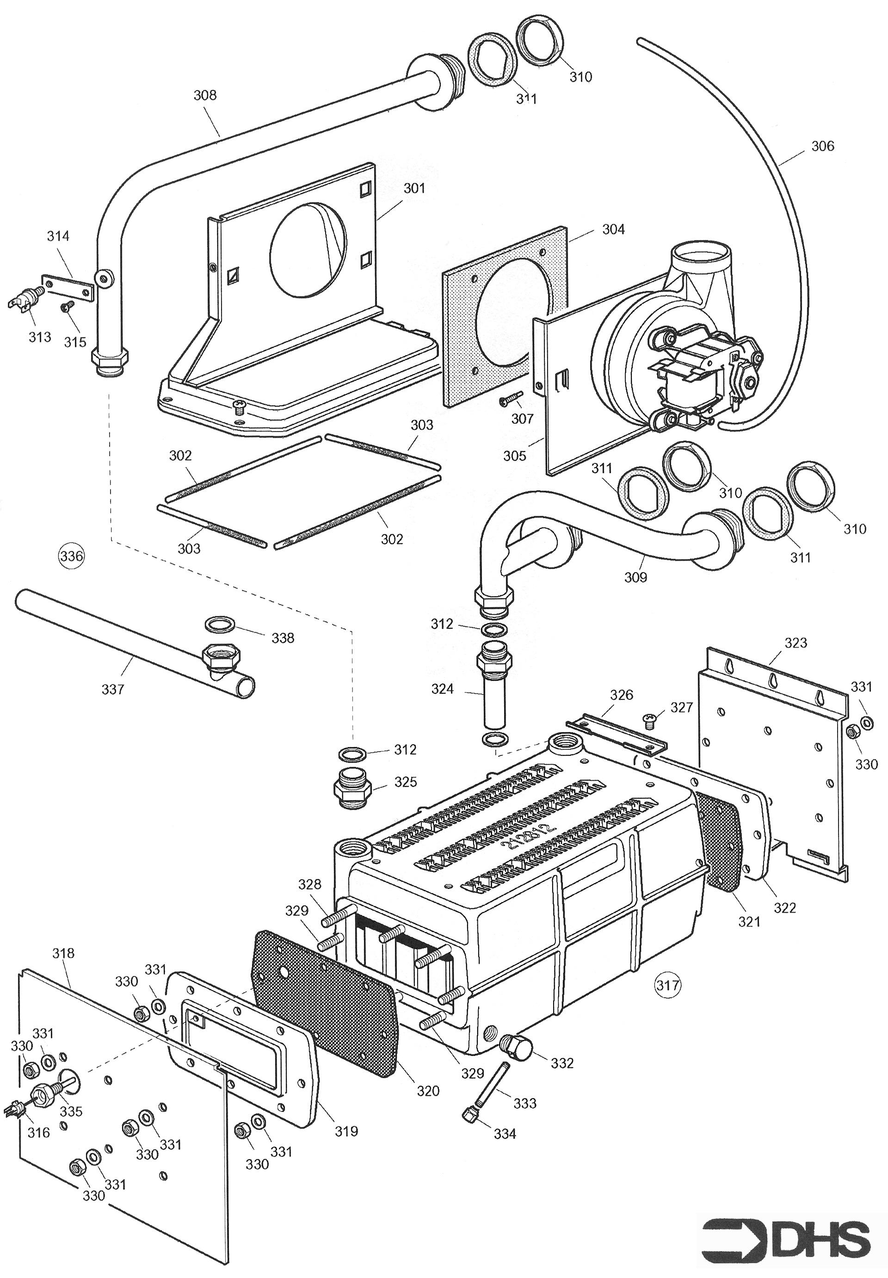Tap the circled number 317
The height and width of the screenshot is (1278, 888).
pyautogui.click(x=668, y=985)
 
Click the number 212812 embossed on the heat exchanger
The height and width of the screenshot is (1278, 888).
pyautogui.click(x=529, y=836)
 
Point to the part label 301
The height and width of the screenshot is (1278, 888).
pyautogui.click(x=414, y=189)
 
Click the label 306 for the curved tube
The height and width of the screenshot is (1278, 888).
pyautogui.click(x=822, y=146)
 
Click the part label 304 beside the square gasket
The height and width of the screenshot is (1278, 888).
pyautogui.click(x=613, y=229)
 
